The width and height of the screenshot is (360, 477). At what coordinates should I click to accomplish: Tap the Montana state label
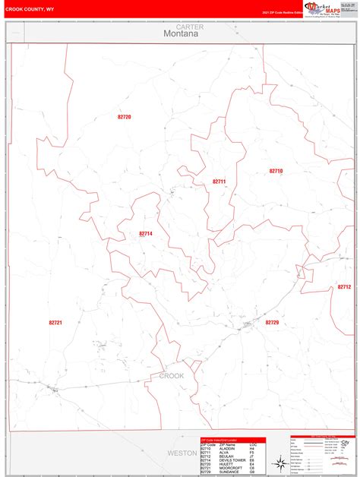click(x=180, y=34)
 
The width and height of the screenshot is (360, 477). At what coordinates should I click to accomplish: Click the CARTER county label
click(x=180, y=27)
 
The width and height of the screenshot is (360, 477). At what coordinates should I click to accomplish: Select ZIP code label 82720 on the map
click(x=125, y=117)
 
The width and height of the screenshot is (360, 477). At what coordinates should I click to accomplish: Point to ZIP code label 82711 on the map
click(x=219, y=182)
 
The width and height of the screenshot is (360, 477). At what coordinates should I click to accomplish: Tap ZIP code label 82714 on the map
click(x=146, y=234)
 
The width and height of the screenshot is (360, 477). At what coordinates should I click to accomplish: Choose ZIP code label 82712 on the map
click(x=344, y=287)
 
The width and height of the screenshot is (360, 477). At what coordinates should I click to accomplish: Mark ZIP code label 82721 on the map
click(x=55, y=323)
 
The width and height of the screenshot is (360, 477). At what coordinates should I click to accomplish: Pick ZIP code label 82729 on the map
click(x=272, y=323)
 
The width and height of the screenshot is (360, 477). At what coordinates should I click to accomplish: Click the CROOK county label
click(x=172, y=376)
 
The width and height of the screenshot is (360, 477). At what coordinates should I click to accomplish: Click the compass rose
click(x=280, y=462)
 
